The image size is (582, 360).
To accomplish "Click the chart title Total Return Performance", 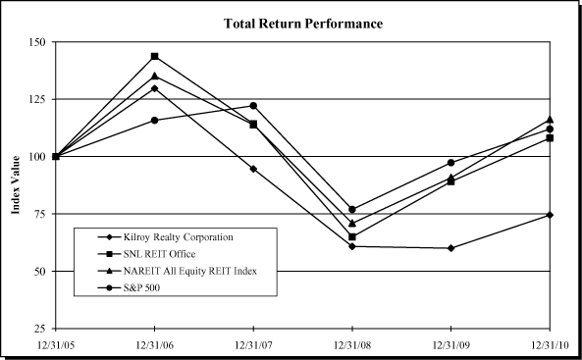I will click(x=303, y=23).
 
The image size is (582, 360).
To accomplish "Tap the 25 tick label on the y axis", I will click(x=37, y=328).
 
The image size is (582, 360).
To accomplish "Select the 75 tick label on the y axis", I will click(x=37, y=214).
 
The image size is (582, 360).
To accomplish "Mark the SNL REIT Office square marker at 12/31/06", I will click(x=155, y=57).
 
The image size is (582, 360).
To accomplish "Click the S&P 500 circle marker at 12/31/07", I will click(x=254, y=106).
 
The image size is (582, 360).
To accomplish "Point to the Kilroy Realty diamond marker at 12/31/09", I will click(x=450, y=248).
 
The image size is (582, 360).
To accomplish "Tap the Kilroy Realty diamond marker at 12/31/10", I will click(x=550, y=215).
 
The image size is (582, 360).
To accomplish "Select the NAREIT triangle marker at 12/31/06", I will click(x=155, y=76).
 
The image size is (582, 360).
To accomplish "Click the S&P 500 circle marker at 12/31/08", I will click(x=352, y=209).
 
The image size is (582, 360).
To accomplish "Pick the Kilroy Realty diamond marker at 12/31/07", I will click(x=254, y=169).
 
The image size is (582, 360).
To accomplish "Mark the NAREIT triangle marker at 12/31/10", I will click(x=550, y=119).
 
